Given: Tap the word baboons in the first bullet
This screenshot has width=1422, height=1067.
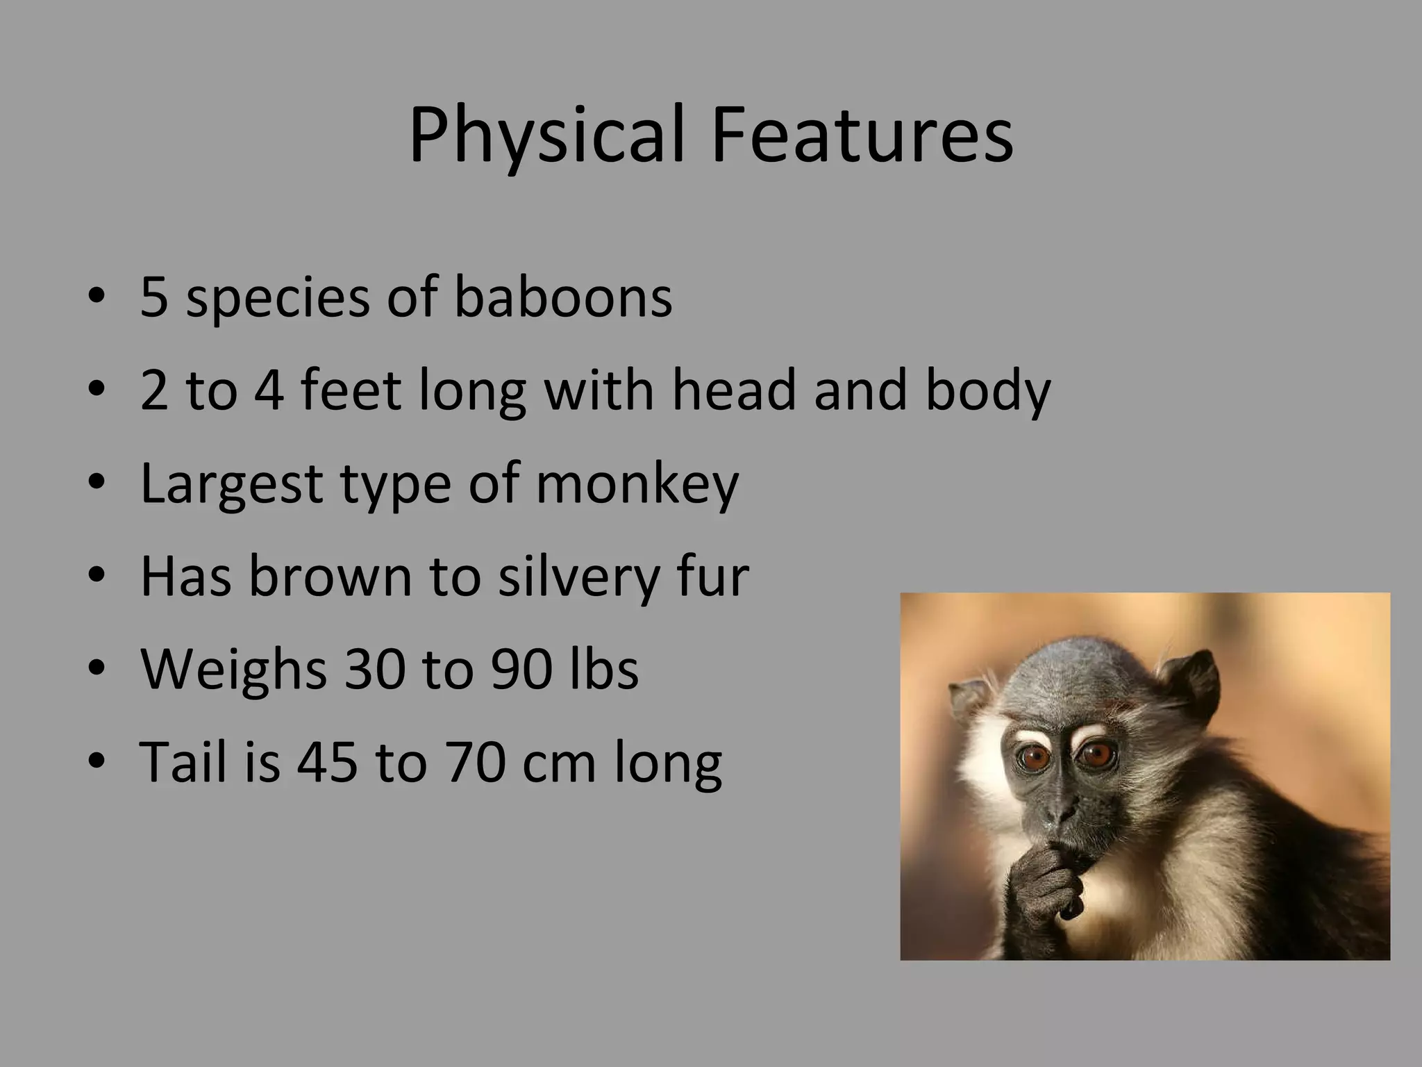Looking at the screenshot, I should (x=562, y=297).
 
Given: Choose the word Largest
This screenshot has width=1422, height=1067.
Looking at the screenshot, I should (x=231, y=485).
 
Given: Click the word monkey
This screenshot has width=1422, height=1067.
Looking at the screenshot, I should (x=637, y=485).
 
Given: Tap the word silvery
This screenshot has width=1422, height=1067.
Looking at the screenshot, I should (x=578, y=577).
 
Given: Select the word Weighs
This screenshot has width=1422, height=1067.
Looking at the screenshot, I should (x=233, y=670).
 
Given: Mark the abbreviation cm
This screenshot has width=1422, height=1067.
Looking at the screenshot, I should (x=559, y=763).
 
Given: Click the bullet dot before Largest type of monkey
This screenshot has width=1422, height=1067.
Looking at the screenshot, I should (x=97, y=483).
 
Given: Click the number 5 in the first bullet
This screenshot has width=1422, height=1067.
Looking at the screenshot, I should (x=154, y=297).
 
